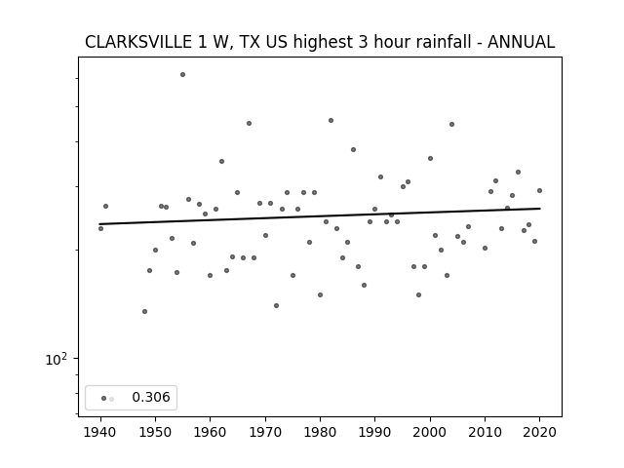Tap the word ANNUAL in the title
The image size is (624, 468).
(x=521, y=42)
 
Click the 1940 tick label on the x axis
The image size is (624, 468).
(x=100, y=432)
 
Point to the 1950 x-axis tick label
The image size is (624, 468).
(x=156, y=432)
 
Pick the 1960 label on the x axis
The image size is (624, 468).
(x=211, y=432)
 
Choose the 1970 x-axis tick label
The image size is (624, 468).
(x=265, y=432)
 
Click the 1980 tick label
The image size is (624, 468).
(x=320, y=432)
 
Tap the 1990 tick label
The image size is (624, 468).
(x=374, y=432)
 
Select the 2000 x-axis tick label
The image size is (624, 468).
(x=430, y=432)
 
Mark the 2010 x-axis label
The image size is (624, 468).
(x=485, y=432)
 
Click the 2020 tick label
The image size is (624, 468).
(x=539, y=432)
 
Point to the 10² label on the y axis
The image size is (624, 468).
(x=57, y=359)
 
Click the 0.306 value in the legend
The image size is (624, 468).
(x=151, y=397)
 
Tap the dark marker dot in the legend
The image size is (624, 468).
(x=104, y=399)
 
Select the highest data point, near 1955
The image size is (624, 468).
(x=182, y=74)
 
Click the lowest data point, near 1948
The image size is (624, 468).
(x=145, y=311)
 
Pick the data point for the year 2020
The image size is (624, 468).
(x=539, y=191)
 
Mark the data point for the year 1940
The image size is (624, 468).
(x=100, y=228)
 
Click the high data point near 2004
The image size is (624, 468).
(x=451, y=124)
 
